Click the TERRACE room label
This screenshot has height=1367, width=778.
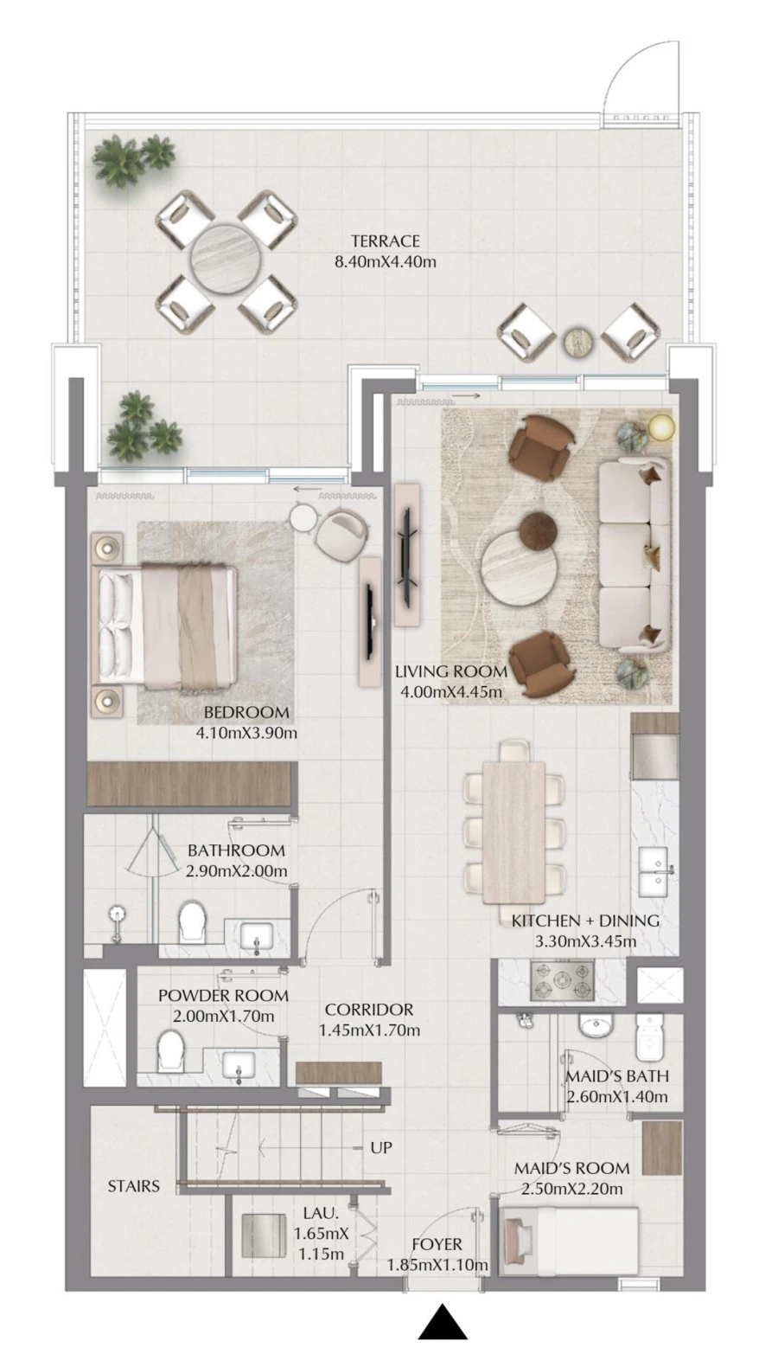click(385, 241)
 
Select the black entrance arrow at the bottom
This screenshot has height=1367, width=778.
click(443, 1322)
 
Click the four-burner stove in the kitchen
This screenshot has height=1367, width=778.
click(562, 981)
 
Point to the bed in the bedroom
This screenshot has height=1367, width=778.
click(169, 626)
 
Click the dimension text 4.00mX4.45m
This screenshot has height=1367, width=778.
click(450, 691)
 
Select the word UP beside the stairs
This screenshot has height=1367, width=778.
click(380, 1147)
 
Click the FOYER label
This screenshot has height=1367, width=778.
click(437, 1244)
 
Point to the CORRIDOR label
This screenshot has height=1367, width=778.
click(369, 1010)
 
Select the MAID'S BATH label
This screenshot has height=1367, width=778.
click(616, 1076)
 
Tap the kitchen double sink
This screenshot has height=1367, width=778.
click(654, 871)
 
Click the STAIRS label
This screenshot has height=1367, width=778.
click(133, 1186)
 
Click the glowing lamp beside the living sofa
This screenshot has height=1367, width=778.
click(660, 427)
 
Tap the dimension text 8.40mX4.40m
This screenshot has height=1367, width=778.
click(385, 261)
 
